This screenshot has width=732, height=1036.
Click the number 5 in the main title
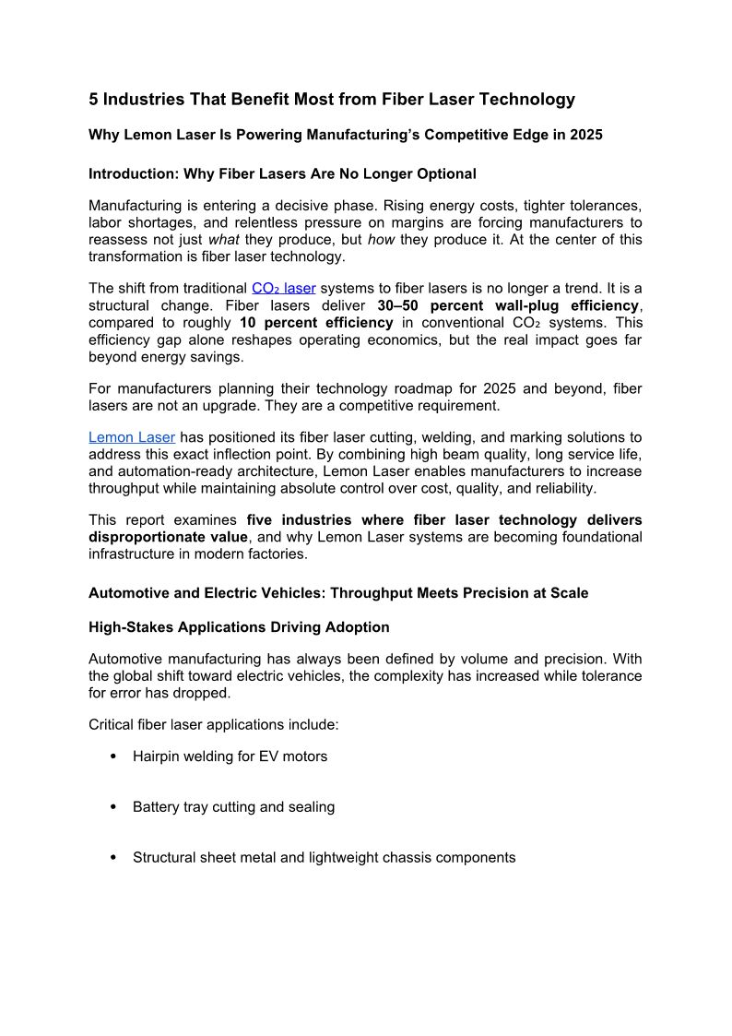pos(94,100)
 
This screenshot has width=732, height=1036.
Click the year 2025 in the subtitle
pos(585,135)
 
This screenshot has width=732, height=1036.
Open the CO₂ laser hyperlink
pos(283,288)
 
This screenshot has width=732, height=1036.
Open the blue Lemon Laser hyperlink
pos(132,437)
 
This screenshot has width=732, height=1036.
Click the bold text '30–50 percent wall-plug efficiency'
pos(508,305)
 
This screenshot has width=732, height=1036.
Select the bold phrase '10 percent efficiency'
pos(316,323)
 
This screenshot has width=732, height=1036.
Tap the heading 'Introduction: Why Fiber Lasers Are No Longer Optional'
pos(282,173)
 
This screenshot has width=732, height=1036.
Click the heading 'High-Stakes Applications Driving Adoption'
pos(239,627)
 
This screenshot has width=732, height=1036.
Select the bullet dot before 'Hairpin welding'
pos(113,756)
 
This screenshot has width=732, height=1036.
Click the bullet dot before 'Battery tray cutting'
pos(113,807)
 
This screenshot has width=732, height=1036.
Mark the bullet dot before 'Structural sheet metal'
pos(113,858)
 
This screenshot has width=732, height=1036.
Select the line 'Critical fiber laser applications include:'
pos(213,724)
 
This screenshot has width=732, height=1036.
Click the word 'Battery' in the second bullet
pos(156,807)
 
